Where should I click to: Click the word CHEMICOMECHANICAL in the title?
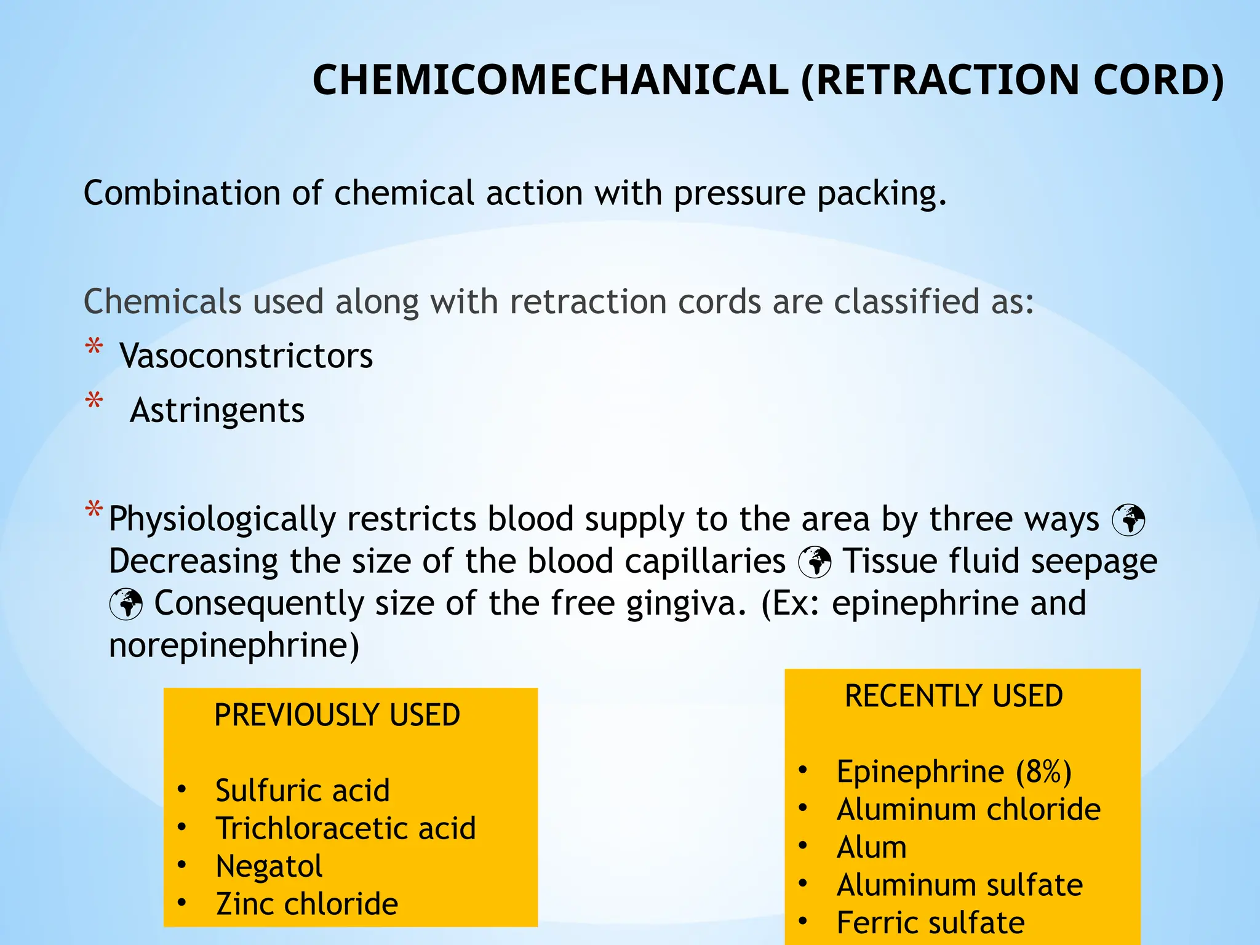pos(551,81)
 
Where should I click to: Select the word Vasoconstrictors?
pos(246,356)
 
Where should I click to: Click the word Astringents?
pos(217,410)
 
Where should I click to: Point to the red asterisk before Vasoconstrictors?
pos(94,347)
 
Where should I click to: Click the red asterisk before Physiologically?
pos(94,509)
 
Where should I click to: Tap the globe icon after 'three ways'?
pos(1128,520)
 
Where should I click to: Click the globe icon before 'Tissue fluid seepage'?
pos(815,562)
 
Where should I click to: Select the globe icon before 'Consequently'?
pos(126,604)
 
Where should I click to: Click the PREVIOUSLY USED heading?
pos(337,715)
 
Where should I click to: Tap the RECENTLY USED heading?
pos(954,696)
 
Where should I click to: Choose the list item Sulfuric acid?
pos(303,791)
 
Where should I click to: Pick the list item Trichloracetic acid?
pos(346,828)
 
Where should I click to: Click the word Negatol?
pos(269,866)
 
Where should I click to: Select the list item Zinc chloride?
pos(307,904)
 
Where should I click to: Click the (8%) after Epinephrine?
pos(1043,772)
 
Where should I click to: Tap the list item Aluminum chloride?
pos(968,810)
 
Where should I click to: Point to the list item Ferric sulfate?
pos(930,923)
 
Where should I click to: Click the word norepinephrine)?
pos(234,645)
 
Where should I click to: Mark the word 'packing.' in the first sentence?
pos(882,194)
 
